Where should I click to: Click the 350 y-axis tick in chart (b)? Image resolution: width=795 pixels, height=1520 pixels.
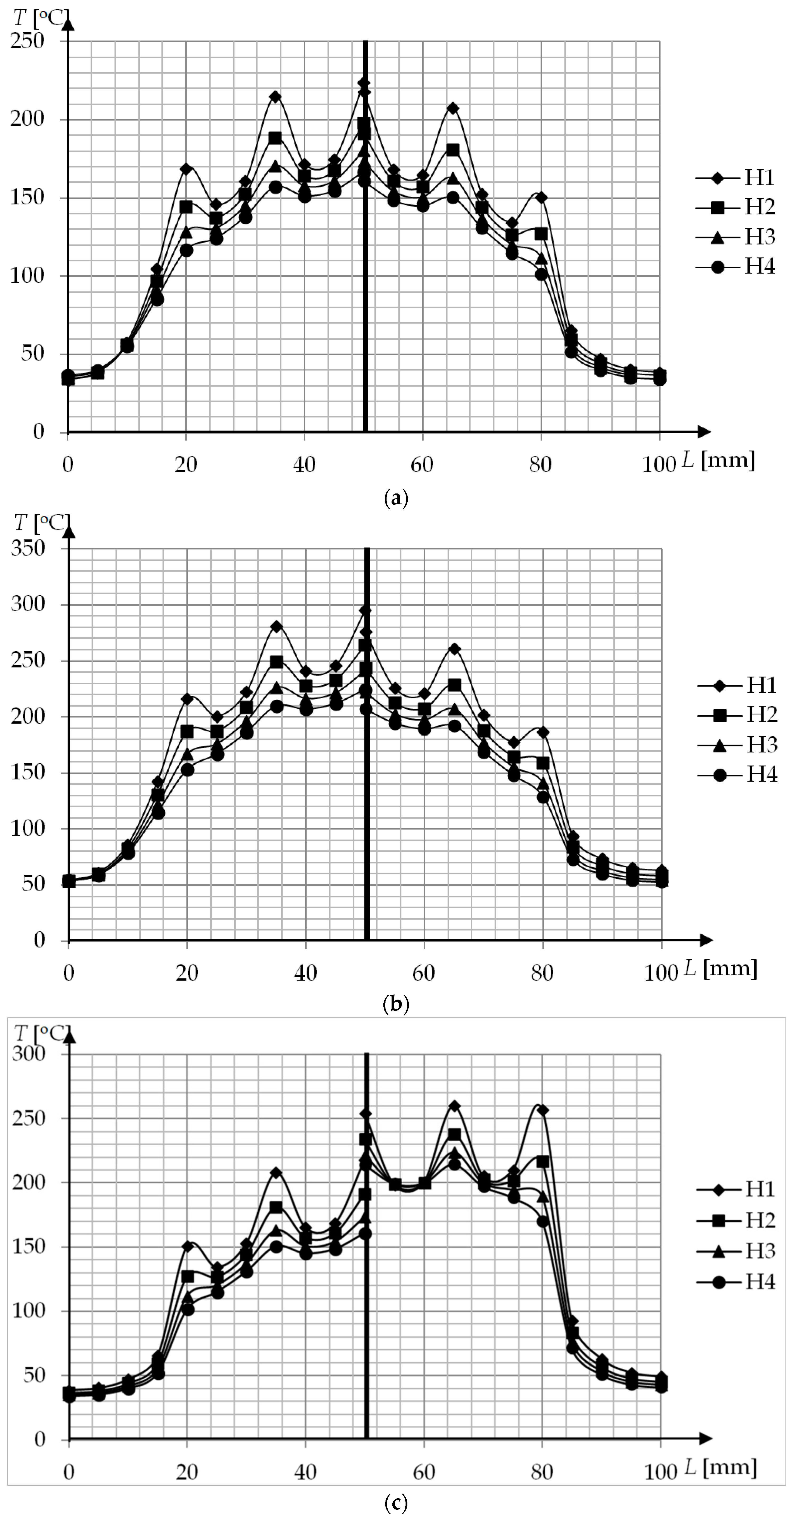coord(28,548)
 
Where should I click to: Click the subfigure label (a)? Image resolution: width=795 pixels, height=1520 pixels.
coord(396,498)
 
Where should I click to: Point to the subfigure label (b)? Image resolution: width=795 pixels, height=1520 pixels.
coord(396,1003)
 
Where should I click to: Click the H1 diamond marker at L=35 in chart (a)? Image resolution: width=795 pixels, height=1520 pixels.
coord(275,97)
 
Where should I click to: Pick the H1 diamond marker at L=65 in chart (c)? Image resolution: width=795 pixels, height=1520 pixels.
coord(454,1106)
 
